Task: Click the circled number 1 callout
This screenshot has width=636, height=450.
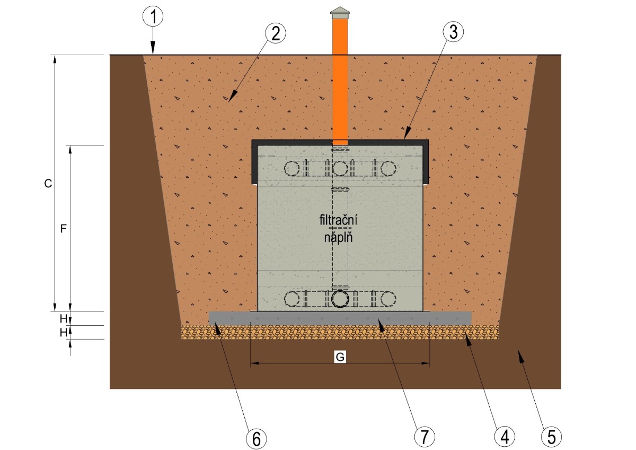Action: point(153,16)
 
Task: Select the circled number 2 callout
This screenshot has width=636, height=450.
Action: point(276,33)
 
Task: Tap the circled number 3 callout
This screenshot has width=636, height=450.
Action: point(453,31)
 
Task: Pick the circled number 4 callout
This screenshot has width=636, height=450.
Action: point(505,436)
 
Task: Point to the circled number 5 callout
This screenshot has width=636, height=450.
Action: point(551,436)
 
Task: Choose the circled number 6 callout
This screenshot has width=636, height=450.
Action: point(257,439)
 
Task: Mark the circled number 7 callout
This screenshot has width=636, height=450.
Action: point(425,436)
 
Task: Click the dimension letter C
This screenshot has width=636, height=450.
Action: point(48,184)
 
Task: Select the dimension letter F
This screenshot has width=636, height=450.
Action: point(63,229)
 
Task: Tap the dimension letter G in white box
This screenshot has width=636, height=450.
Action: point(340,357)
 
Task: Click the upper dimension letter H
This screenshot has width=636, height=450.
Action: point(64,319)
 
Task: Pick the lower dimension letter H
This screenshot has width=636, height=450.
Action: point(64,332)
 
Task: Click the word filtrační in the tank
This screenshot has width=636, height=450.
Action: point(338,220)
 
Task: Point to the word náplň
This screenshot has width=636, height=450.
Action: point(338,237)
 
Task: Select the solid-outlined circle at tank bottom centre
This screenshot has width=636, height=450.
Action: point(340,299)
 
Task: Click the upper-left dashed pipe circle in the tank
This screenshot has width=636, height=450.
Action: point(291,168)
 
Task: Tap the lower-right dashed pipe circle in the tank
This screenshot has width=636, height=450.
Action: point(388,299)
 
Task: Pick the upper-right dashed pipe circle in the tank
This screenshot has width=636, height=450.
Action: point(388,168)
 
